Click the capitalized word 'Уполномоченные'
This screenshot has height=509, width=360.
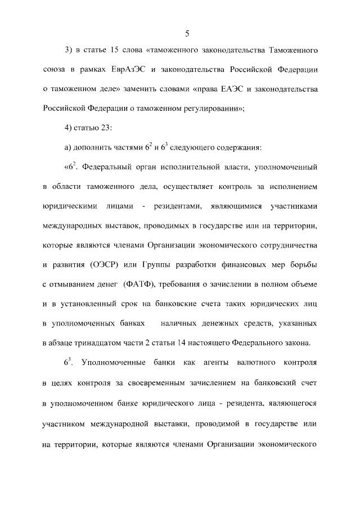[x=112, y=363]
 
